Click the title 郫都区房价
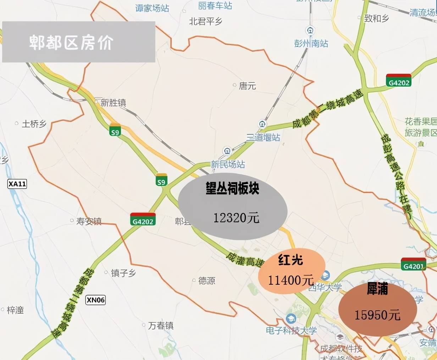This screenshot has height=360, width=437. [x=71, y=42]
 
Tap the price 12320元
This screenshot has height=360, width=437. [x=236, y=217]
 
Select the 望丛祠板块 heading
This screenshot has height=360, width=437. [x=233, y=189]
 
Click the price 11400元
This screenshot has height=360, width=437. [x=291, y=280]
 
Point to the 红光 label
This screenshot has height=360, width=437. [x=291, y=260]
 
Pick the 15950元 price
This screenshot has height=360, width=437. [x=377, y=315]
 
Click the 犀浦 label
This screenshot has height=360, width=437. [x=377, y=289]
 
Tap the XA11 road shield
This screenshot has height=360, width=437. [x=17, y=184]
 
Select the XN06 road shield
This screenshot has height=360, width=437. [x=96, y=300]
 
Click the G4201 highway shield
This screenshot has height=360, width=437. [x=414, y=265]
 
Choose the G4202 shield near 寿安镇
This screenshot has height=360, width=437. [x=143, y=220]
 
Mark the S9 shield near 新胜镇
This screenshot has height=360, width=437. [x=115, y=131]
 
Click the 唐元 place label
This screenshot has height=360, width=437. [x=247, y=86]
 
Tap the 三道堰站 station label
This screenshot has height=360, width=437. [x=263, y=137]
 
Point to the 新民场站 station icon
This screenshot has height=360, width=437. [x=226, y=151]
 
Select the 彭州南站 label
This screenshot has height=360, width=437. [x=311, y=43]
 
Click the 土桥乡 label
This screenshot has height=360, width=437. [x=34, y=124]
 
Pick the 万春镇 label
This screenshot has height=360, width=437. [x=161, y=325]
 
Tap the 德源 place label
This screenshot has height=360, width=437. [x=207, y=280]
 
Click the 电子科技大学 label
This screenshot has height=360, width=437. [x=291, y=331]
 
